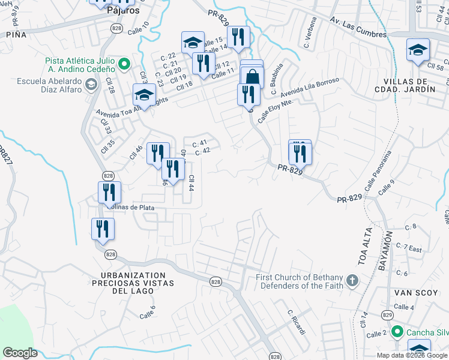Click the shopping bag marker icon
click(252, 76)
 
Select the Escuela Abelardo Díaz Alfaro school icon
click(90, 83)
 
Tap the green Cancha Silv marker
click(396, 331)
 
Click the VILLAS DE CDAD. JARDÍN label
click(408, 85)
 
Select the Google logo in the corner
click(20, 352)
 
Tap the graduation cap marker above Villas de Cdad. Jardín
click(418, 50)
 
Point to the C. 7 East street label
click(414, 248)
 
